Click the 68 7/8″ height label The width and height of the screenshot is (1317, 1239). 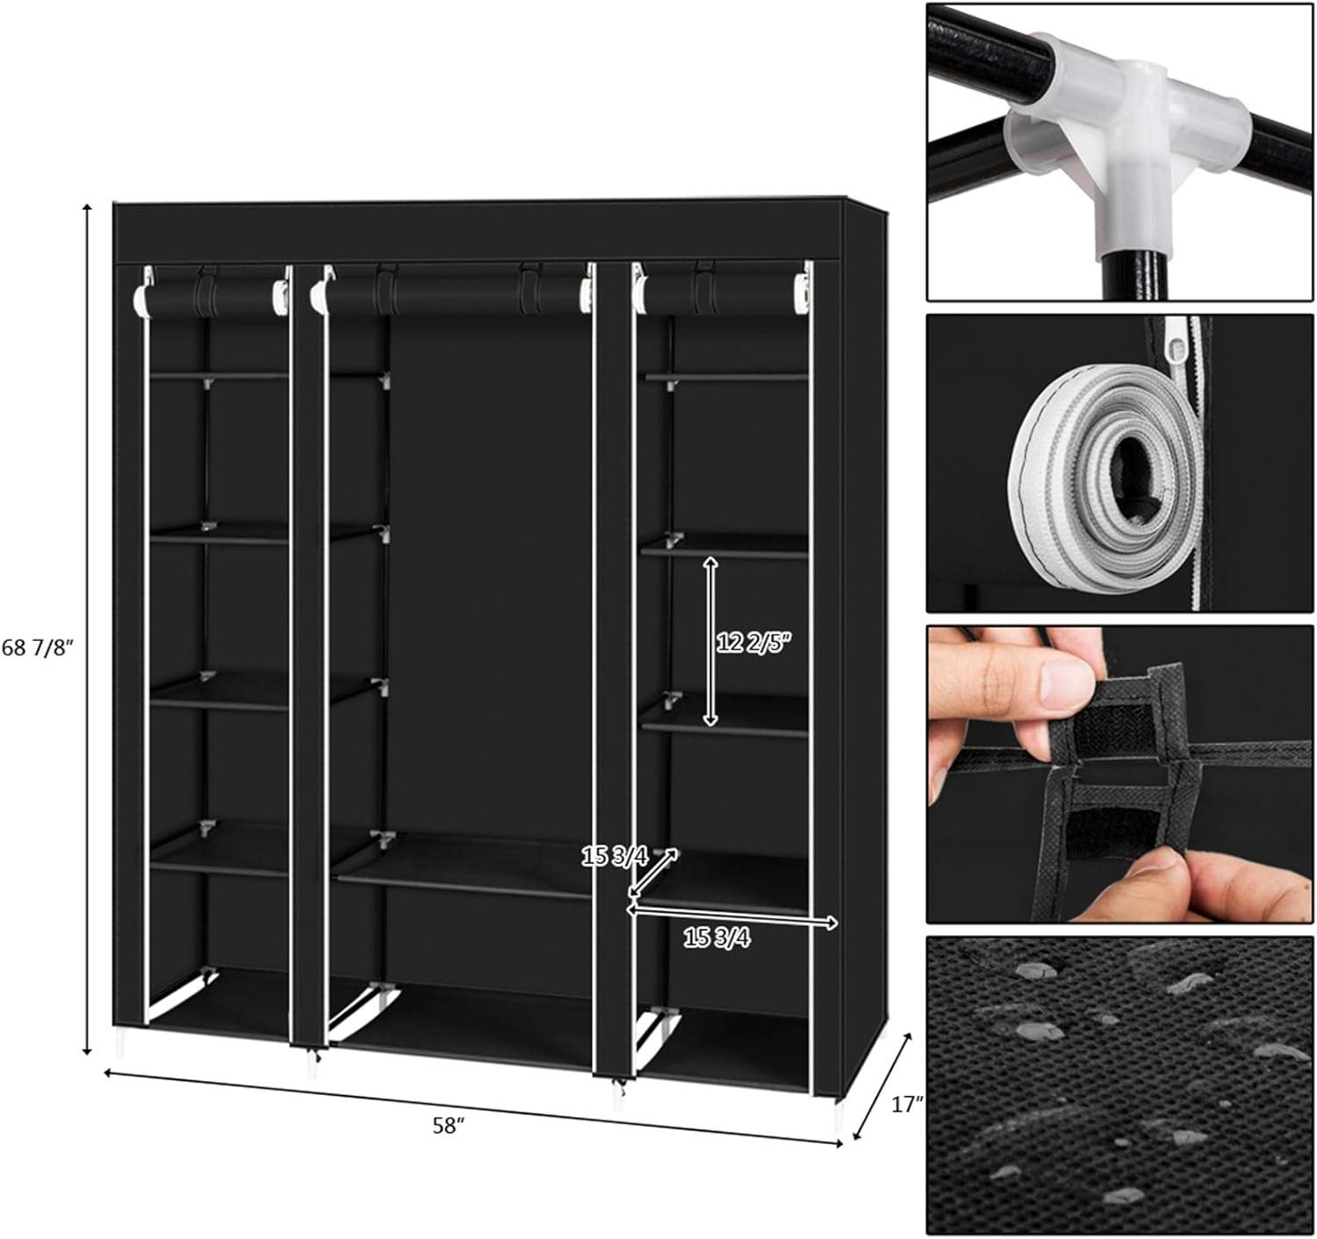coord(36,647)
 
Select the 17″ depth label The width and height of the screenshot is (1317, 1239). coord(907,1105)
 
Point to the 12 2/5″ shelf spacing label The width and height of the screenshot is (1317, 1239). coord(755,642)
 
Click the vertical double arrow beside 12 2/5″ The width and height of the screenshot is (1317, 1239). coord(710,641)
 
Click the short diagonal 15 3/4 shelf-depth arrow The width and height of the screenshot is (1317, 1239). coord(653,872)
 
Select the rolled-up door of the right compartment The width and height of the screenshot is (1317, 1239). coord(723,292)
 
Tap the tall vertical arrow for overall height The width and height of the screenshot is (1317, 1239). coord(86,629)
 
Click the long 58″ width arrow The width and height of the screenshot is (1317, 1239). coord(473,1106)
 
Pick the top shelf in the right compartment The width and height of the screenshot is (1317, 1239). coord(727,377)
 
